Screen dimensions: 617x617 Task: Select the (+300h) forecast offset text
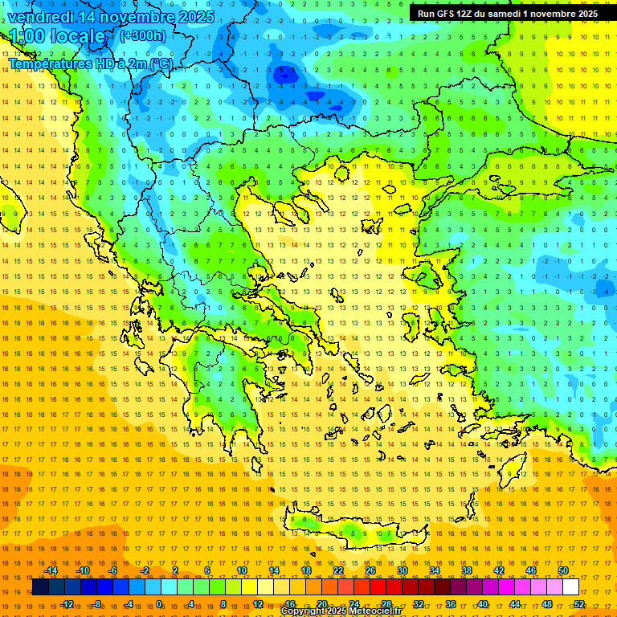click(143, 35)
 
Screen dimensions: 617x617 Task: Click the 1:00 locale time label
click(57, 37)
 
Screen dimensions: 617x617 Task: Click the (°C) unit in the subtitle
click(160, 63)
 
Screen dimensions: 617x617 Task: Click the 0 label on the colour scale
click(161, 604)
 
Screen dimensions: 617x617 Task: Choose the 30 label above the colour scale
click(402, 570)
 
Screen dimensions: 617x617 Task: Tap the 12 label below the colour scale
click(258, 604)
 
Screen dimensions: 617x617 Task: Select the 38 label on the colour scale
click(466, 570)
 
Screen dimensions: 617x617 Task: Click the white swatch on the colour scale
click(570, 587)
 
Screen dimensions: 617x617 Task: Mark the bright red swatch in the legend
click(378, 587)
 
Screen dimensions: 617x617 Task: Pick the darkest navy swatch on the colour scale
click(41, 587)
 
